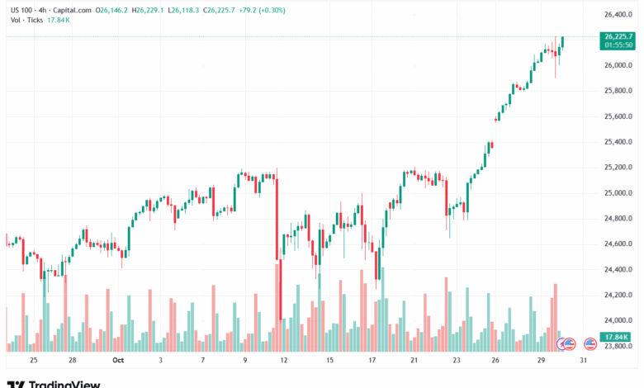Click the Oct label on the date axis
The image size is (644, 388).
click(x=117, y=361)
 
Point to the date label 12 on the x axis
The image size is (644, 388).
click(x=284, y=361)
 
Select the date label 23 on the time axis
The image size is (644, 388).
click(x=457, y=361)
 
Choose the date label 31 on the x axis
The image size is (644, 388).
click(x=585, y=361)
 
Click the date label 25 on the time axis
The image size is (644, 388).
click(x=33, y=361)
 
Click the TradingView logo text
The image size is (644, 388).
click(x=64, y=384)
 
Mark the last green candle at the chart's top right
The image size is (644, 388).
click(x=562, y=41)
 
